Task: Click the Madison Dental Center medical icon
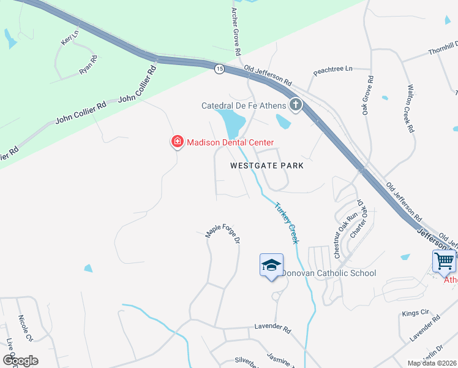click(177, 142)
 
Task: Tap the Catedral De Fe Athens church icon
click(295, 105)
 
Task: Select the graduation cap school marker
click(271, 265)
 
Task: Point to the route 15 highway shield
click(219, 69)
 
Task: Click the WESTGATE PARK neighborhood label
click(267, 166)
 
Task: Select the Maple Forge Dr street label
click(222, 231)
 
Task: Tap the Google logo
click(20, 361)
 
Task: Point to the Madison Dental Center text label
click(230, 142)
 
